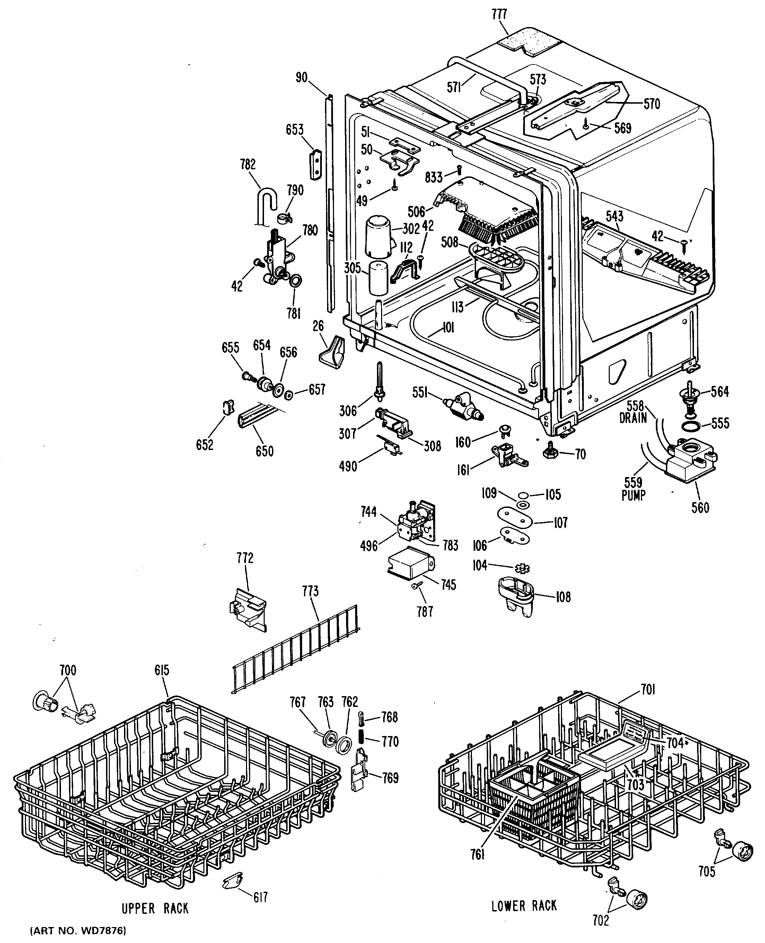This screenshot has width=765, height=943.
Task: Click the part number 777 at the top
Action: point(499,14)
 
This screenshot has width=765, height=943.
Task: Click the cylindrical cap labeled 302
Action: point(379,236)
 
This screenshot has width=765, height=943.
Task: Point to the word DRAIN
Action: point(633,418)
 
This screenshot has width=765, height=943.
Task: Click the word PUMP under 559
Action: point(633,495)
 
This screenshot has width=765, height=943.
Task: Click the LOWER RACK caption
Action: point(524,906)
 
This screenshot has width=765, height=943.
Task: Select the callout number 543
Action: point(614,216)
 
